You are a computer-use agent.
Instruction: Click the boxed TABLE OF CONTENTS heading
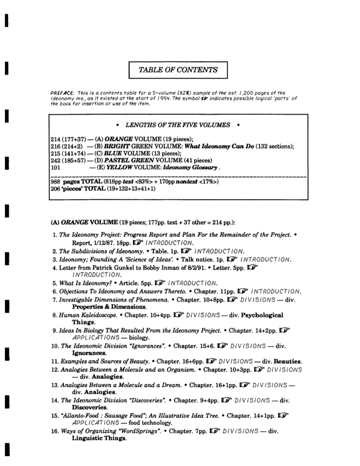178,70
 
